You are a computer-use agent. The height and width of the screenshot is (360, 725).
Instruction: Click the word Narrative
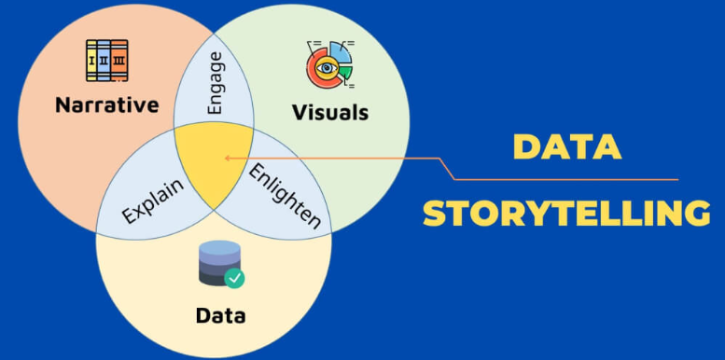click(x=106, y=104)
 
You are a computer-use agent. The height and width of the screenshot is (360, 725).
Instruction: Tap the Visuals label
click(x=330, y=113)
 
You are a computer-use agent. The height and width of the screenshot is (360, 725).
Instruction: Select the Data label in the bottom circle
click(x=220, y=315)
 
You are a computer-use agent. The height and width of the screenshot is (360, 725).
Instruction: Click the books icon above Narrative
click(x=106, y=59)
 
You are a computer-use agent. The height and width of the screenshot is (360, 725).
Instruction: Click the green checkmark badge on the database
click(x=235, y=278)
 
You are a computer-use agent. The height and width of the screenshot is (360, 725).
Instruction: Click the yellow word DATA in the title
click(x=566, y=149)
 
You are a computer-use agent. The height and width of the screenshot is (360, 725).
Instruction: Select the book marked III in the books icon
click(x=119, y=60)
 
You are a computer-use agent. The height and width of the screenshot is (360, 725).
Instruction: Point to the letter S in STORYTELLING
click(x=434, y=214)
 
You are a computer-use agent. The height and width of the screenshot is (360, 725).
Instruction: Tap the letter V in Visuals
click(x=299, y=113)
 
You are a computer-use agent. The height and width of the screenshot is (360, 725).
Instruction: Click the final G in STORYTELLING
click(x=695, y=214)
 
